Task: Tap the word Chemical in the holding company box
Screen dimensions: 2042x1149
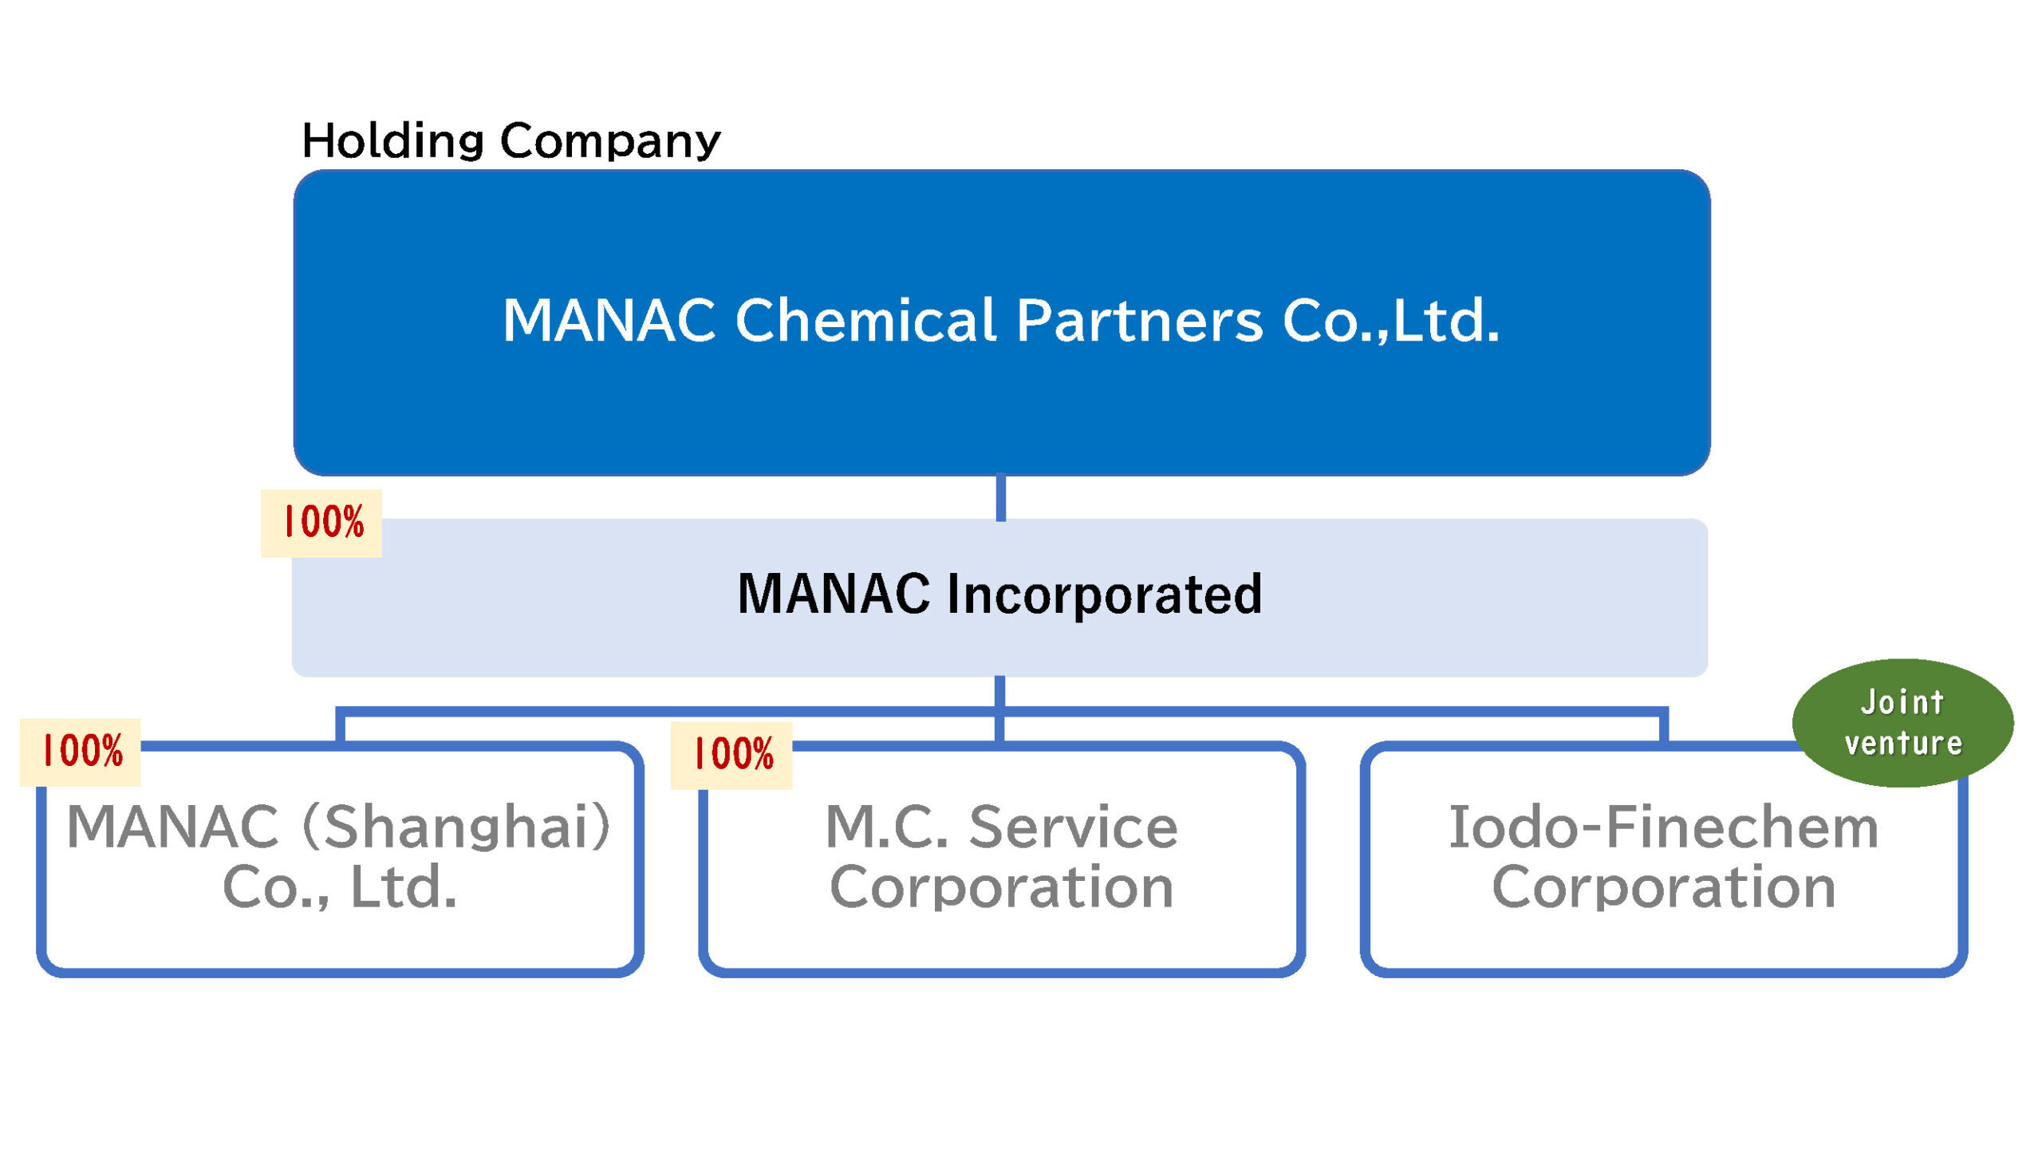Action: tap(865, 320)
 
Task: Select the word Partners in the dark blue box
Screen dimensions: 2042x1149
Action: tap(1140, 321)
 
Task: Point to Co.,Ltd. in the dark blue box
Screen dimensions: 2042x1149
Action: tap(1391, 321)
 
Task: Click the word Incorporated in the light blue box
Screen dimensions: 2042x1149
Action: tap(1104, 595)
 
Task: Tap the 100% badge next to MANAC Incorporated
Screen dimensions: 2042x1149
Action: tap(321, 523)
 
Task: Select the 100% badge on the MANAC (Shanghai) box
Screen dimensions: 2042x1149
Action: tap(81, 752)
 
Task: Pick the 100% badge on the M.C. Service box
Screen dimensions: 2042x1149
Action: tap(731, 755)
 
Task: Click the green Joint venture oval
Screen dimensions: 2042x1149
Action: tap(1902, 723)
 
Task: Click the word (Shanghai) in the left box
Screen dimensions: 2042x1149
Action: tap(457, 827)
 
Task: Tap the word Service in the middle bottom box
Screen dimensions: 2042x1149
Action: tap(1073, 827)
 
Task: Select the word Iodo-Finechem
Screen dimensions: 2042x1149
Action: tap(1663, 827)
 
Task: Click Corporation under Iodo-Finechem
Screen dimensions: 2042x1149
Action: tap(1664, 887)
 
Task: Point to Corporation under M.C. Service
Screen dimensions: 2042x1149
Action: tap(1002, 887)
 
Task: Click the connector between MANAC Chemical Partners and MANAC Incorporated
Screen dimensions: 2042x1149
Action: tap(1001, 498)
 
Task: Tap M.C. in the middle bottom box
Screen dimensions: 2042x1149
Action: tap(887, 827)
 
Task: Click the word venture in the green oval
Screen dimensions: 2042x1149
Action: tap(1903, 744)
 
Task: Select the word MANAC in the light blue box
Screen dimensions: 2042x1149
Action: tap(834, 594)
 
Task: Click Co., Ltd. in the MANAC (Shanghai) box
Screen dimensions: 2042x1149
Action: tap(340, 887)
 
